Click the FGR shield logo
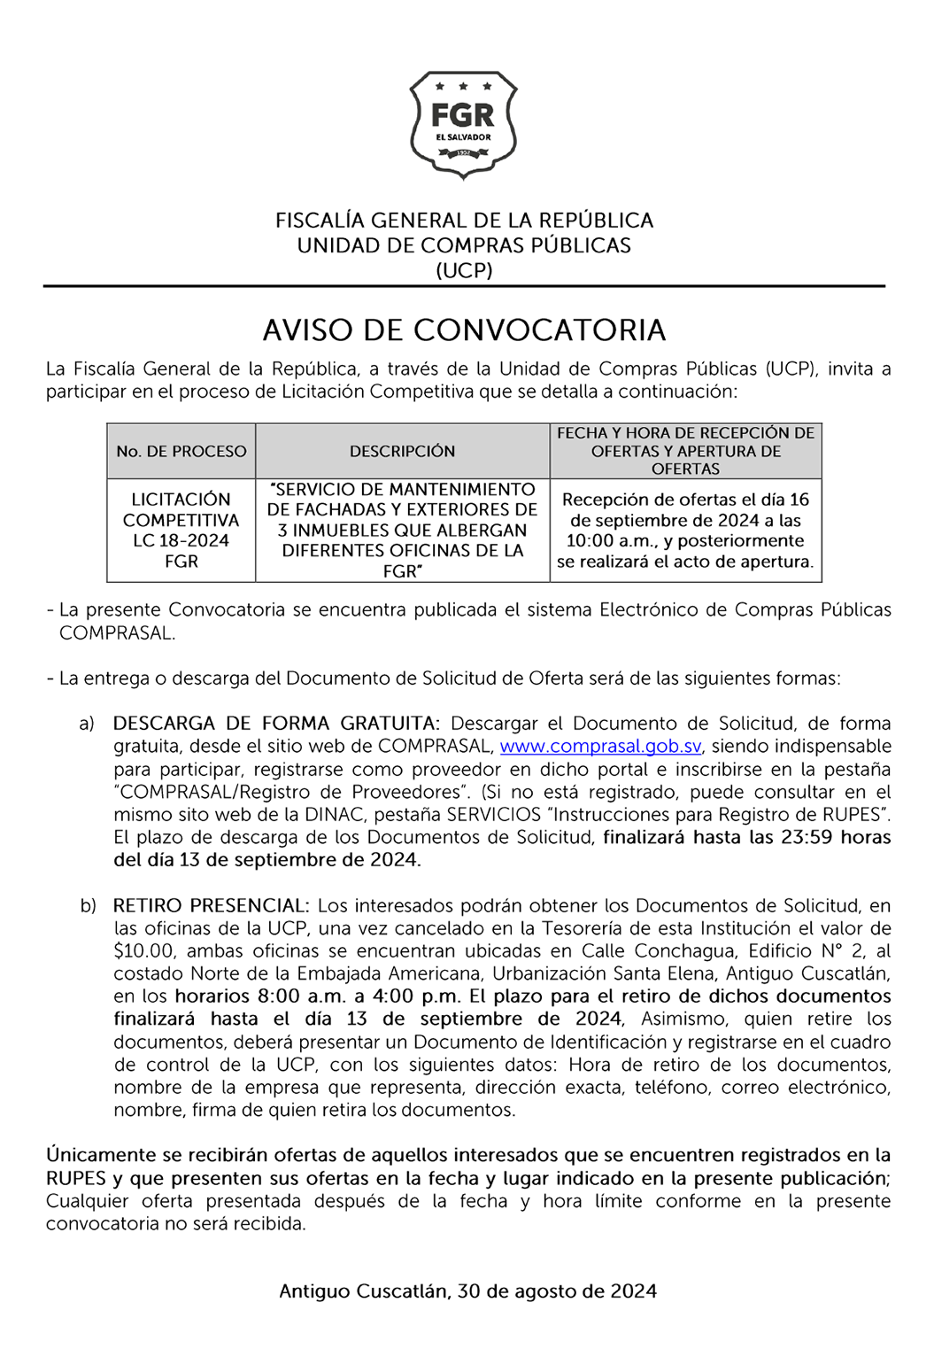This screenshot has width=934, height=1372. coord(463,124)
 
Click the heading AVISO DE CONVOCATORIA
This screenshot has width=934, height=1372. coord(464,329)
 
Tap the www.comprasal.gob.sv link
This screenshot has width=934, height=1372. coord(600,746)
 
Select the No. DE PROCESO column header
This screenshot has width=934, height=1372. coord(181,451)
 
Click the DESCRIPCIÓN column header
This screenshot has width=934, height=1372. coord(402,451)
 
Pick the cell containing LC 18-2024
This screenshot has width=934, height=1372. coord(181,530)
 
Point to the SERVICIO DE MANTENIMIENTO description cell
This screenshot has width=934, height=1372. coord(402,530)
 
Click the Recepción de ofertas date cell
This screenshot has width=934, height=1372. coord(685,530)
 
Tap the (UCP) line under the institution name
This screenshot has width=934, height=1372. coord(464,270)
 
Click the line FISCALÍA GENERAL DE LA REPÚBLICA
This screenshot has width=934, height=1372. coord(464,220)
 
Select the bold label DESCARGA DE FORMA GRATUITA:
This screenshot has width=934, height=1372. coord(276,724)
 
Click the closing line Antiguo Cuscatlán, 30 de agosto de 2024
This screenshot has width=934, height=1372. coord(467,1291)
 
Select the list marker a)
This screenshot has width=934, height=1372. coord(87,724)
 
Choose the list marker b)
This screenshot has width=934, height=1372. coord(88,906)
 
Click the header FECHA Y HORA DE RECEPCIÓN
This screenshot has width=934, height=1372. coord(685,433)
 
